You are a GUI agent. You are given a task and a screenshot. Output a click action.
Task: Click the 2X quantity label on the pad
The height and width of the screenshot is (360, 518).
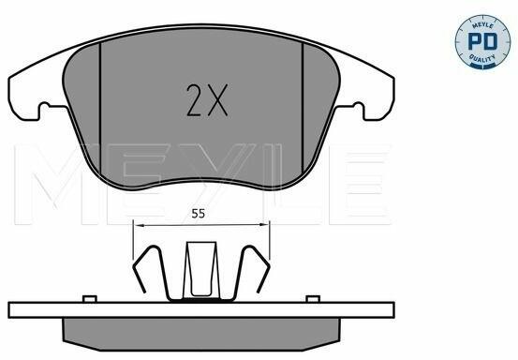point(207,100)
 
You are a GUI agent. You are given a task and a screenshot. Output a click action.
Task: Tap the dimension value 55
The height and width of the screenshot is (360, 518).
point(199,214)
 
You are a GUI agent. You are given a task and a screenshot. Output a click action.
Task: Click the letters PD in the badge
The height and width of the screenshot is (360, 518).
point(482,41)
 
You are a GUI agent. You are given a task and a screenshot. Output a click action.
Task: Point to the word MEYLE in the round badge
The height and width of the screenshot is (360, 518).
point(482,25)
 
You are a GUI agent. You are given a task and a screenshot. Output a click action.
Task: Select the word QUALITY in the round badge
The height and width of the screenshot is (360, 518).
point(482,58)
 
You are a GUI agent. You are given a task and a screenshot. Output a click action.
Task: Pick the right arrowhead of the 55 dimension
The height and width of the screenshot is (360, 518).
point(263,225)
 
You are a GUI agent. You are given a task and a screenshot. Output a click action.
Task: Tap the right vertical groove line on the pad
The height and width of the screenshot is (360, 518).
point(303,109)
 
